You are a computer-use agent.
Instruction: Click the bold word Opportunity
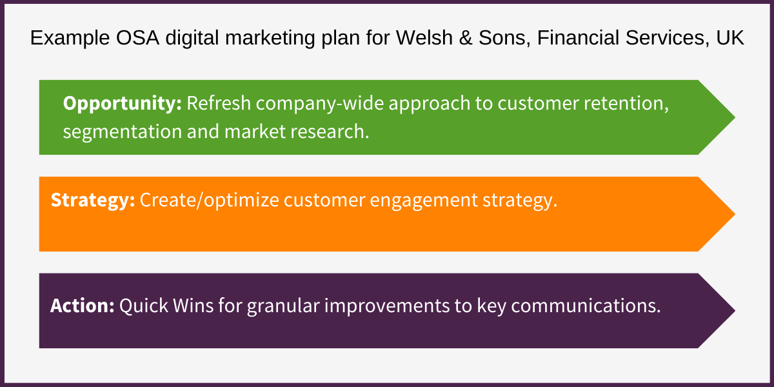122,103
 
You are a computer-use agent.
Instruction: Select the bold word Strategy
92,200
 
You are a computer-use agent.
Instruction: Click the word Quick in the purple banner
141,305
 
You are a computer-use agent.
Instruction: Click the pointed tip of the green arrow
733,117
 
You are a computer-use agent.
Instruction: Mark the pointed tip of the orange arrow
733,214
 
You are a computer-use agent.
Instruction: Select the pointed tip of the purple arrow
733,311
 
